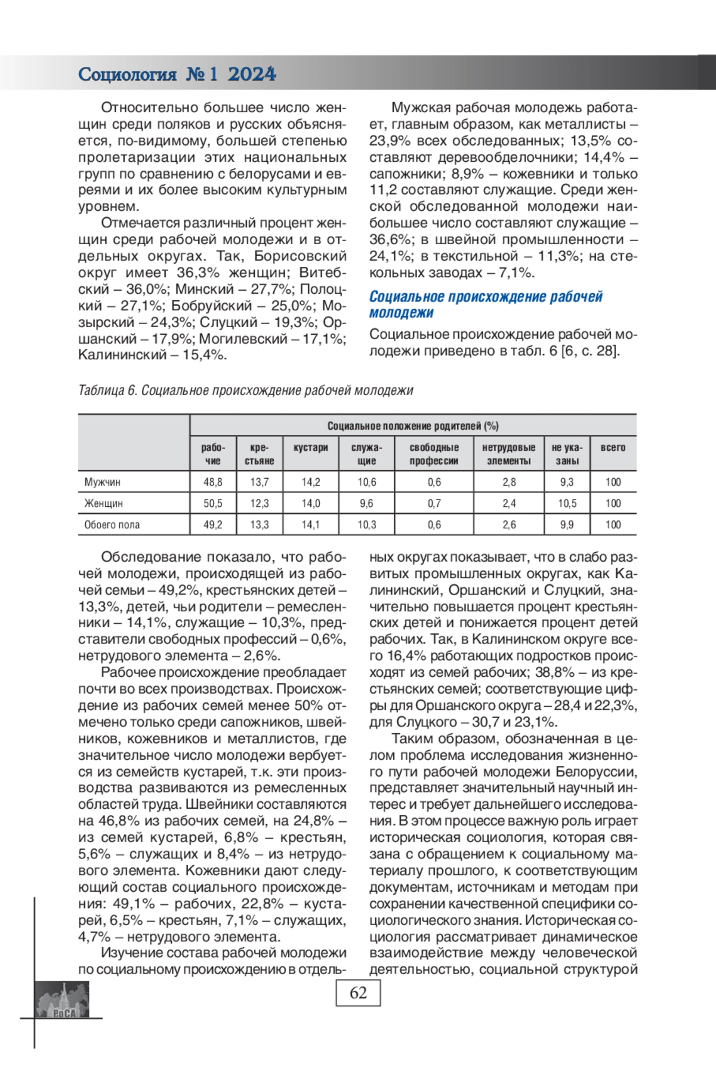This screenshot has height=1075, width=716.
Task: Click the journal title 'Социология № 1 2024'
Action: pos(177,74)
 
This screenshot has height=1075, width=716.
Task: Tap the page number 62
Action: pos(358,993)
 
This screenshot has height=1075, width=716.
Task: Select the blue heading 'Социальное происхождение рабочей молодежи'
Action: pos(485,304)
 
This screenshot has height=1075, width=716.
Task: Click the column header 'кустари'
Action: pos(310,448)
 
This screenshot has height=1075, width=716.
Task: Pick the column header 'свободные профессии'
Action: pos(434,454)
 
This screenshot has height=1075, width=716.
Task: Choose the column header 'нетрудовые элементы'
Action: pos(508,454)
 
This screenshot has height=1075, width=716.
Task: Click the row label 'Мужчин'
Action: pos(102,482)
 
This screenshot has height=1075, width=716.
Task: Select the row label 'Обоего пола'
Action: pos(112,525)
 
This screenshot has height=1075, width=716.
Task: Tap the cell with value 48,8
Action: pos(212,482)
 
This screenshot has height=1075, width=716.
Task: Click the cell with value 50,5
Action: pos(212,503)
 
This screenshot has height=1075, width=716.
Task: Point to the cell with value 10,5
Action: pos(567,503)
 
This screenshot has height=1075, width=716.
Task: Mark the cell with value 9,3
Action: pos(567,482)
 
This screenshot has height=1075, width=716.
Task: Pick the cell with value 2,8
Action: pos(508,482)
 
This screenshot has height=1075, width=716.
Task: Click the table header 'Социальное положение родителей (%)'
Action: pos(412,426)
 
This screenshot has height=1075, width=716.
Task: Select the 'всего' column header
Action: pos(613,448)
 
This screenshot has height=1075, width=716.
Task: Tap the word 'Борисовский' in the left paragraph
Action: pos(300,256)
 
